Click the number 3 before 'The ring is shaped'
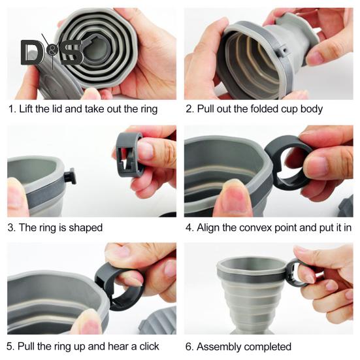(x=11, y=228)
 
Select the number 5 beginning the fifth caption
(x=11, y=346)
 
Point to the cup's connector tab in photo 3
(x=69, y=176)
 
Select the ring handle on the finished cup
(x=297, y=272)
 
